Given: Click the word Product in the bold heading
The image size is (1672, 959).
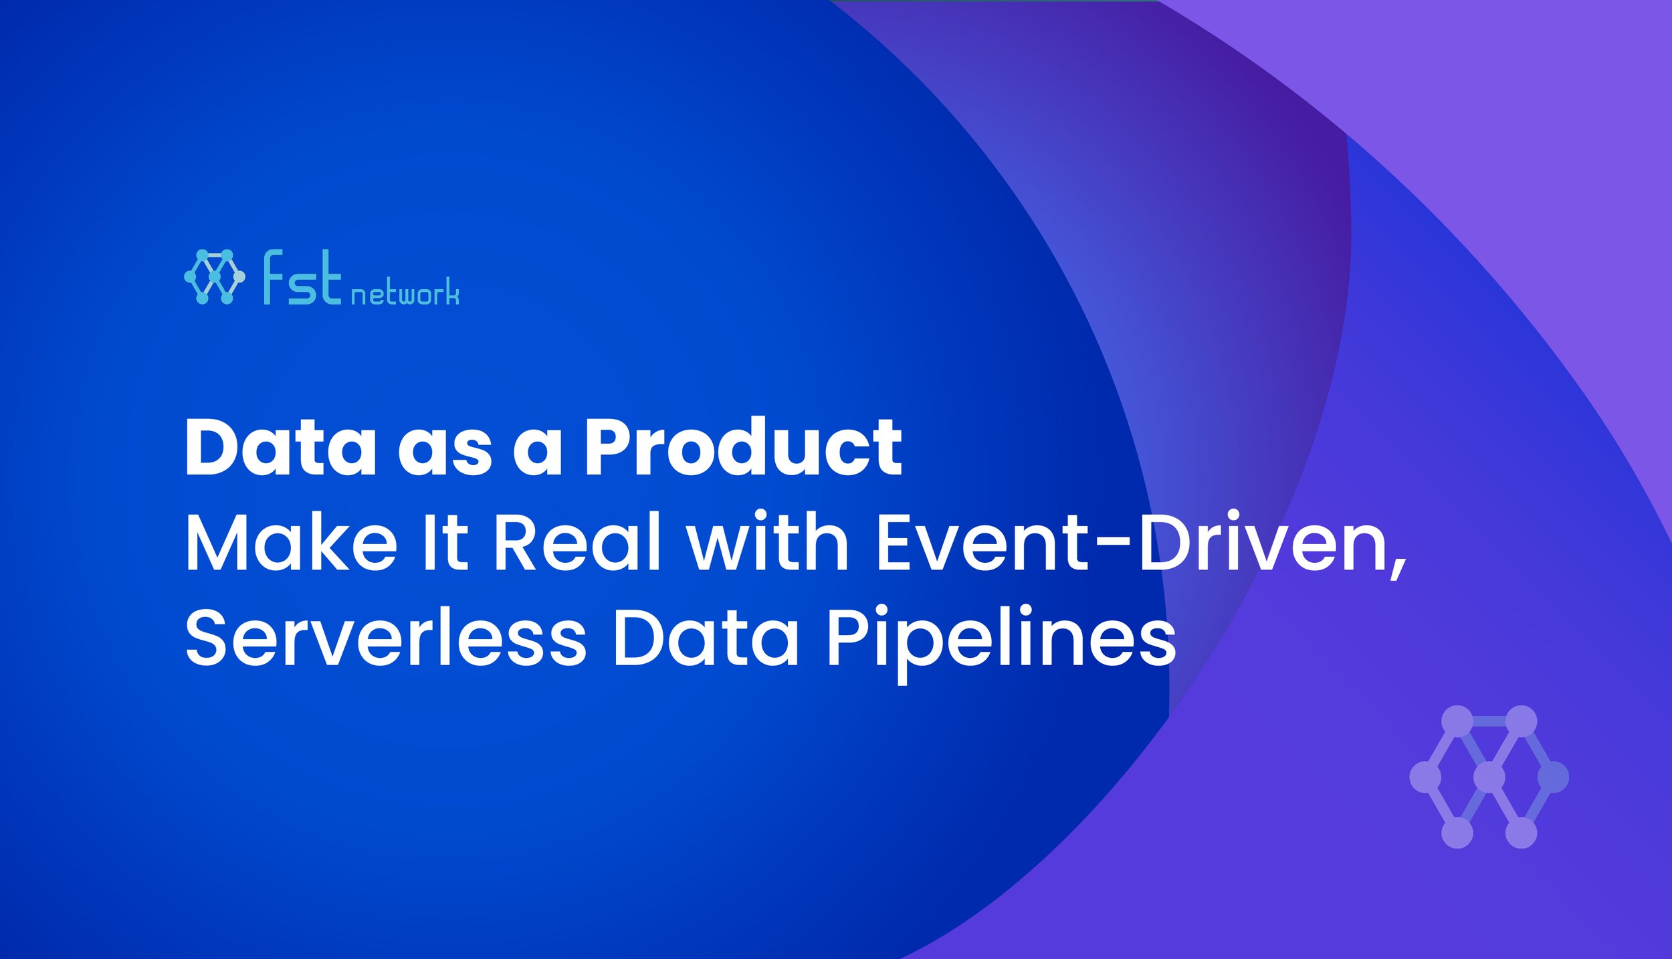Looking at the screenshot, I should tap(743, 447).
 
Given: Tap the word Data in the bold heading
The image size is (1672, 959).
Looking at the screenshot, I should tap(280, 447).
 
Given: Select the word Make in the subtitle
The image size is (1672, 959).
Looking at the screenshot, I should tap(291, 542).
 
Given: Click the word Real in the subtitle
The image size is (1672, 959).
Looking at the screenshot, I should tap(577, 542).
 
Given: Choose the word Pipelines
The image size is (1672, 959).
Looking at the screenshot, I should tap(1001, 639).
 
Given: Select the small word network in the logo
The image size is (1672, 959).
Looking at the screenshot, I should tap(405, 294).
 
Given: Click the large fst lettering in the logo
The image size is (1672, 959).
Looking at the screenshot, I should tap(302, 278).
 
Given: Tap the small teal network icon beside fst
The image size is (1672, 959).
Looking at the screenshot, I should tap(214, 276).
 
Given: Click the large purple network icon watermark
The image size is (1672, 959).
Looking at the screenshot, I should tap(1489, 777).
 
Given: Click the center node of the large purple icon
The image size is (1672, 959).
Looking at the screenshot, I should tap(1489, 777).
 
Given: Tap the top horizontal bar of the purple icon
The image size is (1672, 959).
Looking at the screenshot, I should tap(1489, 721).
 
